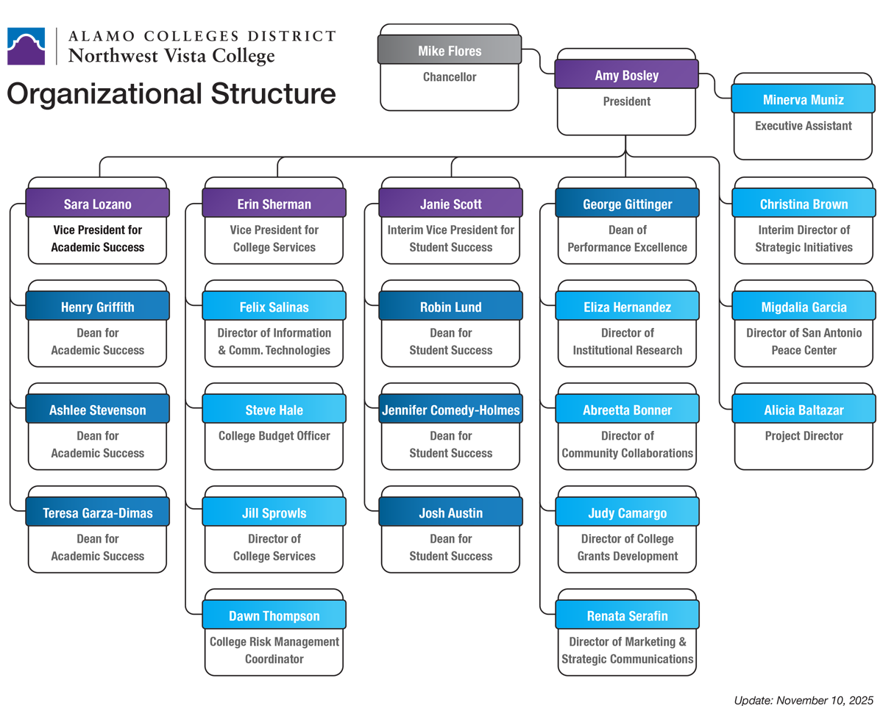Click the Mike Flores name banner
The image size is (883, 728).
coord(450,51)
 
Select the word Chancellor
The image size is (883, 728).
coord(450,77)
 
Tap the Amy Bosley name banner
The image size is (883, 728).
coord(626,75)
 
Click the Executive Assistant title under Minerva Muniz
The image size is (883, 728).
coord(803,126)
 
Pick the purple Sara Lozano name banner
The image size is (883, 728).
coord(97,204)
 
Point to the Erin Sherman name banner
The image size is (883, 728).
coord(274,204)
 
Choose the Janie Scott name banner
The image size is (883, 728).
coord(450,204)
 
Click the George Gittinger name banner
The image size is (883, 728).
coord(627,204)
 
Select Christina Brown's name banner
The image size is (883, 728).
coord(804,204)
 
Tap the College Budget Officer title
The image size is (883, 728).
coord(274,436)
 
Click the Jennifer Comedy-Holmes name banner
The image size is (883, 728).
coord(450,410)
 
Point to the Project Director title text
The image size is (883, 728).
coord(804,436)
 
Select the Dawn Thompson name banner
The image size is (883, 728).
coord(274,615)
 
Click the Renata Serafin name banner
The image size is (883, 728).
coord(627,615)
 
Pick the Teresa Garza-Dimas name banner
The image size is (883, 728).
coord(97,513)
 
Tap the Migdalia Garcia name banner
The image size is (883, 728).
coord(804,307)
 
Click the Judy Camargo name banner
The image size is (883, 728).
coord(627,513)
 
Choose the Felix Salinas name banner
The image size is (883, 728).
coord(274,307)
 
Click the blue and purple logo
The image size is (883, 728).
coord(28,47)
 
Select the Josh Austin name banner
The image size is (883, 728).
coord(450,513)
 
